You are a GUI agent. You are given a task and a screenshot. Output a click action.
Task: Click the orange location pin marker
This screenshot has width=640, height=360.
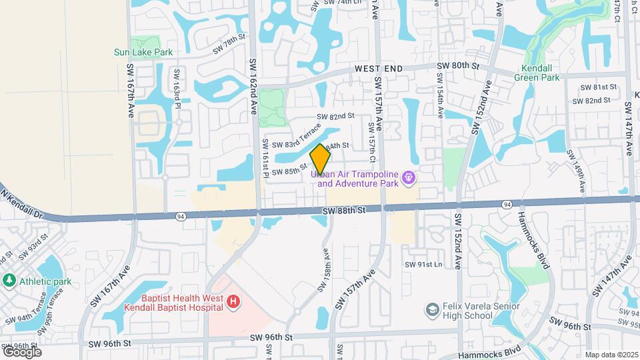coord(321,158)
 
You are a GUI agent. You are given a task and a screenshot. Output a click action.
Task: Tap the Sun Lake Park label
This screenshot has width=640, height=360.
coord(143,52)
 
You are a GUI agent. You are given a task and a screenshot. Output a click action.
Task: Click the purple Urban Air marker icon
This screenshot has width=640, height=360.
coord(408,178)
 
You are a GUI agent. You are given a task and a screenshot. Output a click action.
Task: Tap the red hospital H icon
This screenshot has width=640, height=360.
coord(233,303)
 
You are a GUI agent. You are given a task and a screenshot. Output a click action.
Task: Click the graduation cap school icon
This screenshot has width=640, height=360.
coord(433,309)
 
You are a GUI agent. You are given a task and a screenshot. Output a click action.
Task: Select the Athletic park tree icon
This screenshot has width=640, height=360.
coord(9,281)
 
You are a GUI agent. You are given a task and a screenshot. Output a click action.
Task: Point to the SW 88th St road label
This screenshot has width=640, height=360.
coord(344,211)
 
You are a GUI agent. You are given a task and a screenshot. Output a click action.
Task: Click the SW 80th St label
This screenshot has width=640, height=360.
coord(458,66)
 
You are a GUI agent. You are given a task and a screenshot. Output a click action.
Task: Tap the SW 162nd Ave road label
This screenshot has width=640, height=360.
coord(253,87)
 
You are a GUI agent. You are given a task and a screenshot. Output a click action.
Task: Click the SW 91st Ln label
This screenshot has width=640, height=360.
coord(423,265)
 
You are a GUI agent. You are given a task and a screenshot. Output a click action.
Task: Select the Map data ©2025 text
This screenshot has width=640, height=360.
coord(611,354)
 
